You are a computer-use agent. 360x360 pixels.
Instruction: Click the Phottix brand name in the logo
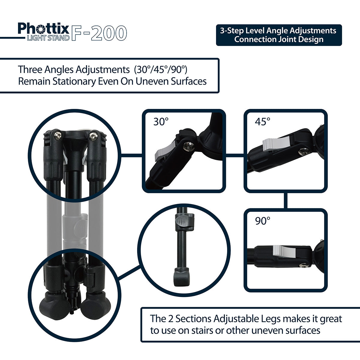coord(43,28)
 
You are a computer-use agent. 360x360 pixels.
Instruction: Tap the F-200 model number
coord(99,33)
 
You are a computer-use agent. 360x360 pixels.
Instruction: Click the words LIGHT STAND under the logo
coord(48,38)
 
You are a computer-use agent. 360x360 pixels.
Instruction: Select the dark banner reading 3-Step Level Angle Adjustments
coord(279,35)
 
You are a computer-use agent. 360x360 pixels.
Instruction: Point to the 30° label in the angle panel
coord(161,121)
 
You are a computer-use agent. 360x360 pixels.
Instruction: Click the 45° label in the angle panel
coord(262,121)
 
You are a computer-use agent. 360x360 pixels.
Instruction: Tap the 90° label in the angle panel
coord(262,221)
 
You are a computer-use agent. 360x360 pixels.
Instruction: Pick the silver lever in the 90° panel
coord(284,251)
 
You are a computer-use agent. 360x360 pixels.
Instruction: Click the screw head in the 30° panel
coord(187,146)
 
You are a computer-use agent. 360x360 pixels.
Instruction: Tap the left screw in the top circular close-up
coord(58,136)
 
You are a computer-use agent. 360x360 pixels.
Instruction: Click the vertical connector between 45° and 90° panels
coord(286,200)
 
